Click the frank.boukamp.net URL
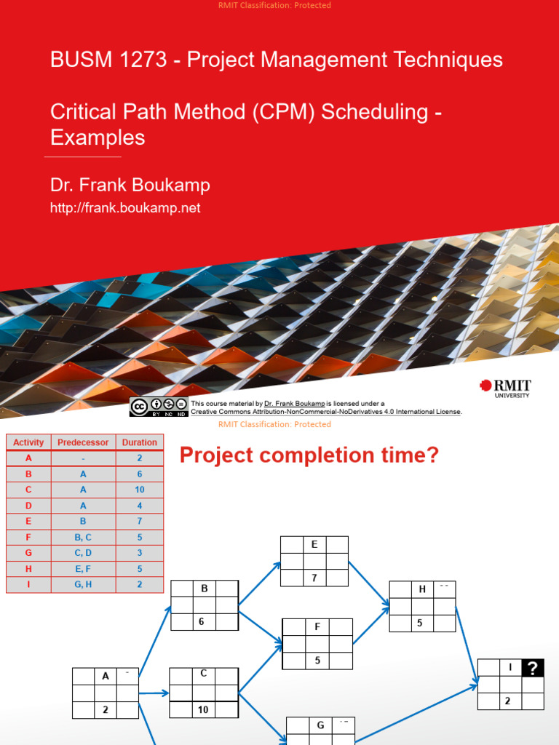tap(124, 208)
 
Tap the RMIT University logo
tap(504, 389)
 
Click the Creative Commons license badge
tap(159, 407)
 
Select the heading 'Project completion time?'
tap(309, 456)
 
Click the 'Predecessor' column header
tap(83, 442)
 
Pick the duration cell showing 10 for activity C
tap(139, 490)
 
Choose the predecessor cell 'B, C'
tap(83, 537)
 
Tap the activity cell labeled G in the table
tap(28, 553)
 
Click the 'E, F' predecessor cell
tap(83, 569)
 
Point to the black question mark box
tap(532, 668)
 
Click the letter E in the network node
tap(314, 545)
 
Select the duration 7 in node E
tap(314, 578)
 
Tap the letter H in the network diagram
tap(422, 589)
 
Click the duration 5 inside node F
tap(317, 661)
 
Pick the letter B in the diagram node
tap(205, 589)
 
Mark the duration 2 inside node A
tap(105, 710)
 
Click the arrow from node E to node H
tap(368, 583)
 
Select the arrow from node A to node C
tap(154, 693)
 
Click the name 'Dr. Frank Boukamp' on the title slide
tap(130, 185)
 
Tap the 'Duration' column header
tap(139, 442)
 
